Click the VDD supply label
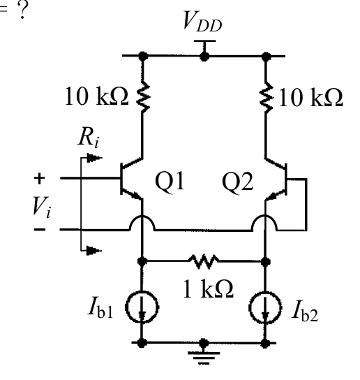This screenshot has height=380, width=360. pos(202,22)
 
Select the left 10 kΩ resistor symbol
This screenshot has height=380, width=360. pos(143,97)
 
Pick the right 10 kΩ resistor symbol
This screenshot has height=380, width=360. pos(266,98)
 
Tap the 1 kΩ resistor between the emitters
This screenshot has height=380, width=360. pos(204,261)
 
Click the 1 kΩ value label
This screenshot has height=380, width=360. pos(208,288)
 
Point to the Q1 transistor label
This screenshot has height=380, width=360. pos(170,182)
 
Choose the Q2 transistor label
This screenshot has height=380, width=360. pos(238,182)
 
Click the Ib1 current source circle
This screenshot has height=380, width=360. pos(142,307)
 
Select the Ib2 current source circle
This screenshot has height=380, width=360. pos(266,307)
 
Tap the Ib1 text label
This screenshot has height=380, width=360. pos(100,309)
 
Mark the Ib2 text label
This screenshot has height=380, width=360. pos(305,311)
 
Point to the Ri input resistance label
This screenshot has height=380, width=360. pos(89,138)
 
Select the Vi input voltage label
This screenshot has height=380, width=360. pos(42,207)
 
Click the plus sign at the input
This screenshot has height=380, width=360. pos(39,178)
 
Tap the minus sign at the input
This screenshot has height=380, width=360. pos(40,229)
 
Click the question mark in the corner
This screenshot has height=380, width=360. pos(22,10)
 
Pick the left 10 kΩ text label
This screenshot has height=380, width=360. pos(96,96)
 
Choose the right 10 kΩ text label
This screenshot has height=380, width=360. pos(311,98)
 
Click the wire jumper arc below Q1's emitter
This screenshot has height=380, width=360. pos(142,215)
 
